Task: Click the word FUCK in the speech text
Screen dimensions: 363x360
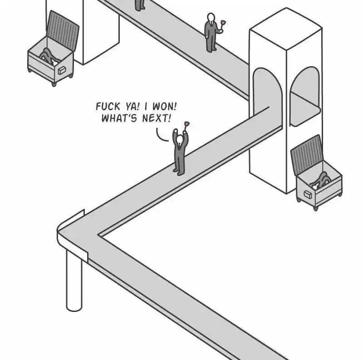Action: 108,107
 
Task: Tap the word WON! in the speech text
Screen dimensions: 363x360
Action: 164,107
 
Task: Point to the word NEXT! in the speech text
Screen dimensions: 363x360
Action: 157,118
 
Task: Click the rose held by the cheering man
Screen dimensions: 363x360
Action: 186,124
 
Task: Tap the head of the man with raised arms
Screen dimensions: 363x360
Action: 180,140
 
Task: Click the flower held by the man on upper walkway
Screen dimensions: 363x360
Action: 223,23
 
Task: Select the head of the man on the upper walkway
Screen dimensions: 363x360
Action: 211,17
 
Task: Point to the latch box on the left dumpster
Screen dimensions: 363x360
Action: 62,70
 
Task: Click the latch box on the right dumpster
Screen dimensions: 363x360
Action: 308,195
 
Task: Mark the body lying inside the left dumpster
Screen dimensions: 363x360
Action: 48,56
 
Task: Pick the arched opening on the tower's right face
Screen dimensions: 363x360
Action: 305,97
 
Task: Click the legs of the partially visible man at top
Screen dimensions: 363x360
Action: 140,5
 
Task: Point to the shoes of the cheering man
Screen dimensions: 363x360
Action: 179,172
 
